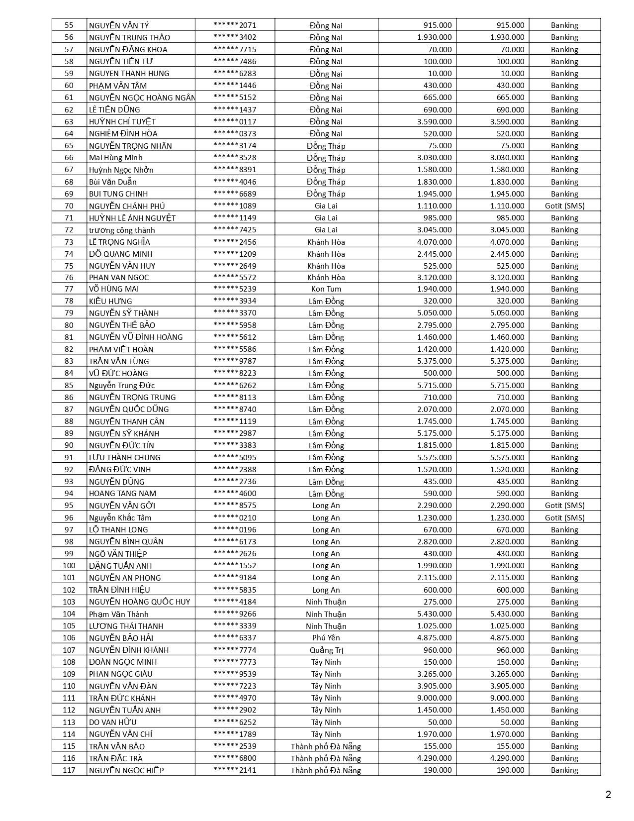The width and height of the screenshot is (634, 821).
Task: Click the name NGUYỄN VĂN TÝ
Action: [119, 25]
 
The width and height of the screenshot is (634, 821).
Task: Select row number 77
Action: [69, 289]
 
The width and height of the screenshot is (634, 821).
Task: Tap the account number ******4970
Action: [235, 698]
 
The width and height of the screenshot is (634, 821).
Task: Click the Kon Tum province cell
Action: [326, 289]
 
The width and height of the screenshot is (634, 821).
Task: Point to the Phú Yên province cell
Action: [326, 638]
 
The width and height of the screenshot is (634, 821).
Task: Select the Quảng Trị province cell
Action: [326, 650]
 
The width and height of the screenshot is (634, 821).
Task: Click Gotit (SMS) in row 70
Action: [564, 206]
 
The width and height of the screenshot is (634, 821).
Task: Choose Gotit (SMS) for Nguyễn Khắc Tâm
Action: [564, 517]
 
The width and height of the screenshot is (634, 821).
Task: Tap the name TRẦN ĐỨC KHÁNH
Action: [122, 698]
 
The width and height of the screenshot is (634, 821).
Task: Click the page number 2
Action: [608, 795]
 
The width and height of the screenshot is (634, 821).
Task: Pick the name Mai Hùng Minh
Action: [116, 158]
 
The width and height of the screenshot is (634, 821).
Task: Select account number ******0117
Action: [235, 121]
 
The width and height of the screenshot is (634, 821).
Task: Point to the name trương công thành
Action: [122, 230]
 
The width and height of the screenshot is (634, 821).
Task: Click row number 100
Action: [69, 566]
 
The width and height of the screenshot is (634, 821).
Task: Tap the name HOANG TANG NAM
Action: [122, 494]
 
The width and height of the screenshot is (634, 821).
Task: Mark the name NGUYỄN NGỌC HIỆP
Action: [126, 770]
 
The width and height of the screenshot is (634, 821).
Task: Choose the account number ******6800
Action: [235, 758]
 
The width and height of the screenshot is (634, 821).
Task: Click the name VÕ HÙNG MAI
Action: [114, 289]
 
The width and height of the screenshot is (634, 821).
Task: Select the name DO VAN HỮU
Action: [113, 722]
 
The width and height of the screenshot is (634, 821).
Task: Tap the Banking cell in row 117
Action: [564, 770]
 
